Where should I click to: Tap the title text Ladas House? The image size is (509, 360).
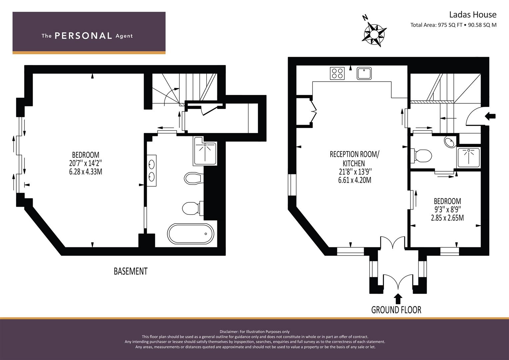473,15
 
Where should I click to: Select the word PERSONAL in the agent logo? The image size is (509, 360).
83,36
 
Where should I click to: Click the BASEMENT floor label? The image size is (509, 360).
130,271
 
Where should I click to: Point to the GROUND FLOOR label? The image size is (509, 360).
396,310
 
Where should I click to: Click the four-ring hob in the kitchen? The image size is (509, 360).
337,73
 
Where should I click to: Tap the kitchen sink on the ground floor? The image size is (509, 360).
364,73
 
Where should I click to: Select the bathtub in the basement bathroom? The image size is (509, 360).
191,234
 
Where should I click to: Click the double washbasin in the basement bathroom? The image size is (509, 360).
151,170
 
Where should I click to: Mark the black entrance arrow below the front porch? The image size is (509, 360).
398,298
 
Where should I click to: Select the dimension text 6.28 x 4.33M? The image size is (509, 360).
85,172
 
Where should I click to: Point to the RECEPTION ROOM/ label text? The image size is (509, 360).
354,154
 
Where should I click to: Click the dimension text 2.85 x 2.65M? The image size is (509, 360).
447,218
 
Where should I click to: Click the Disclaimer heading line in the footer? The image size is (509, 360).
254,332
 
